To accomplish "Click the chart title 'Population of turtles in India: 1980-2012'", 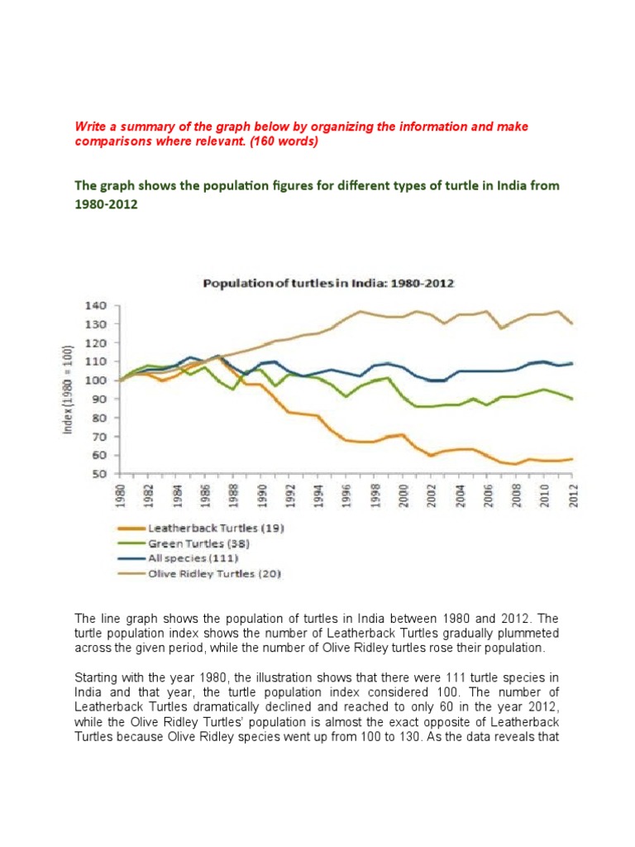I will click(329, 284).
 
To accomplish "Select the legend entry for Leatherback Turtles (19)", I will click(215, 527).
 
